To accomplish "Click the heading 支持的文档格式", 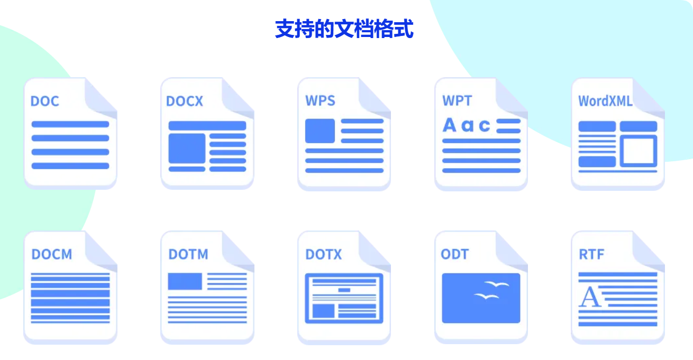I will pyautogui.click(x=344, y=30).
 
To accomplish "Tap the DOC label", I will pyautogui.click(x=45, y=101).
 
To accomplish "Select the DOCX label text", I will pyautogui.click(x=185, y=101).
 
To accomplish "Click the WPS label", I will pyautogui.click(x=320, y=100).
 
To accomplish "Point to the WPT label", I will pyautogui.click(x=457, y=100).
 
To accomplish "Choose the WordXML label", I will pyautogui.click(x=605, y=101).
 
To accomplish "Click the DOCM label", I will pyautogui.click(x=51, y=254).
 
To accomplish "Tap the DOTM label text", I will pyautogui.click(x=188, y=254).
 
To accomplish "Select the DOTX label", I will pyautogui.click(x=324, y=254).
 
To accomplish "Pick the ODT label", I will pyautogui.click(x=455, y=254).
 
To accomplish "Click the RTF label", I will pyautogui.click(x=591, y=254).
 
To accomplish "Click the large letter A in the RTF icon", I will pyautogui.click(x=590, y=298).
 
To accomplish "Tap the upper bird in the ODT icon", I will pyautogui.click(x=497, y=285).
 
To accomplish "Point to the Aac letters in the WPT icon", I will pyautogui.click(x=466, y=125).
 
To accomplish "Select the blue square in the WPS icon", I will pyautogui.click(x=320, y=131).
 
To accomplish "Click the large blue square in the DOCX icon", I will pyautogui.click(x=187, y=148).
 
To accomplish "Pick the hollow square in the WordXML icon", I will pyautogui.click(x=639, y=151).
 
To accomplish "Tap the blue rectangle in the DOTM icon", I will pyautogui.click(x=185, y=281).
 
